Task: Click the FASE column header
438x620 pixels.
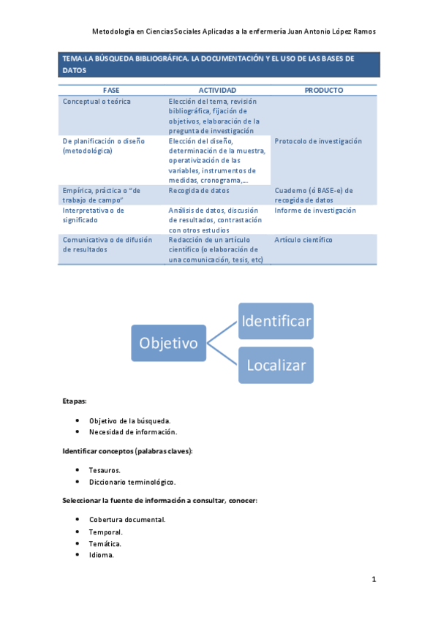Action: click(x=111, y=90)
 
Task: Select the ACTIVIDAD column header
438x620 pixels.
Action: click(x=217, y=90)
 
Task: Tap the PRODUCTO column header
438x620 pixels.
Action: click(x=322, y=90)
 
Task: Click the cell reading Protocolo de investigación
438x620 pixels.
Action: click(x=318, y=141)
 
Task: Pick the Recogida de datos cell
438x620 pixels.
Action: click(x=199, y=190)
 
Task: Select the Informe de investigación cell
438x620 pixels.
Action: click(x=315, y=211)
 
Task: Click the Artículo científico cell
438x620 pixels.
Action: click(x=303, y=240)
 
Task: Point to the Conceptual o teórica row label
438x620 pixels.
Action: click(x=97, y=102)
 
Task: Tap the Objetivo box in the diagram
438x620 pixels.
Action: click(x=169, y=342)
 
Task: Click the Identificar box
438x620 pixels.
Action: click(x=276, y=321)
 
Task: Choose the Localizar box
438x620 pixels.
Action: click(x=276, y=365)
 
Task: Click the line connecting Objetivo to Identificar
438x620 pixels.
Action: click(x=223, y=331)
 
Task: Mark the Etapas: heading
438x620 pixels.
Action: click(x=75, y=401)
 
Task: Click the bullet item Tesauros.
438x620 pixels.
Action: click(x=105, y=469)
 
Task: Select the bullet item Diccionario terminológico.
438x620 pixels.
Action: click(x=132, y=482)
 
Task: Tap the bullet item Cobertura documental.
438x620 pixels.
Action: click(x=127, y=520)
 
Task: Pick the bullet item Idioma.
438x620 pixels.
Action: click(x=102, y=555)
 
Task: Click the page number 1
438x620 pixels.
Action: click(x=374, y=580)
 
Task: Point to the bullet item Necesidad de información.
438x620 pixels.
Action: click(x=133, y=431)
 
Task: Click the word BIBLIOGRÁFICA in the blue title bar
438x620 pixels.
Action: click(x=157, y=58)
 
